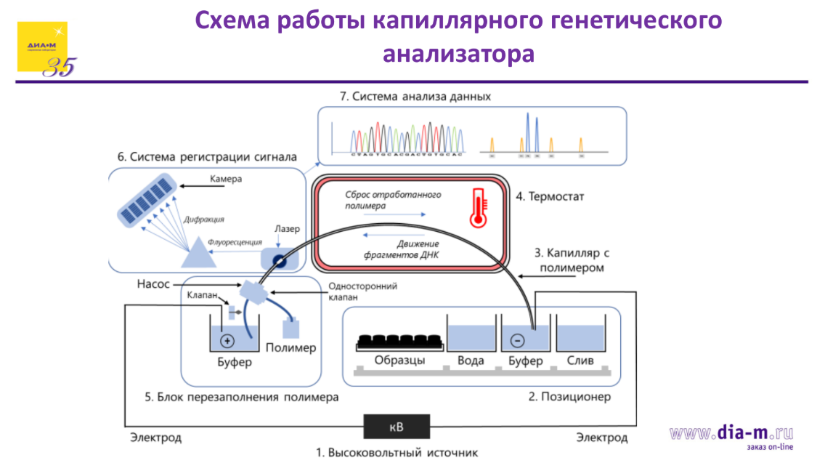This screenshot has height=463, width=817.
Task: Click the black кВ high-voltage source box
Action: (397, 425)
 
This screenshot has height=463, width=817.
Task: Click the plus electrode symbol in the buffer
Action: (227, 341)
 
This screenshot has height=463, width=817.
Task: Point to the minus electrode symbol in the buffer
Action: (517, 340)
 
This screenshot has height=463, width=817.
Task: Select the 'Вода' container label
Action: (471, 361)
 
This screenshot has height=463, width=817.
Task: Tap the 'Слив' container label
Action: (580, 361)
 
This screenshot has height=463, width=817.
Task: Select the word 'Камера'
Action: (226, 179)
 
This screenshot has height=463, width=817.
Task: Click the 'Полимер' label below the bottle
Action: (291, 347)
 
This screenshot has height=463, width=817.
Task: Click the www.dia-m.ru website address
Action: (731, 433)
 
